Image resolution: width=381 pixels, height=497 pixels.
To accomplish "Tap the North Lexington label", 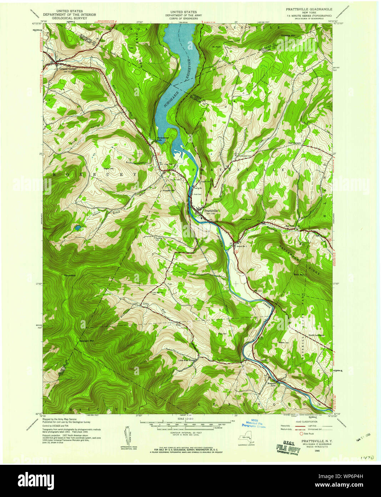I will (x=316, y=335).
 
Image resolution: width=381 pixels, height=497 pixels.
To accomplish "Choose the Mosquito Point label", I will (x=272, y=384).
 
